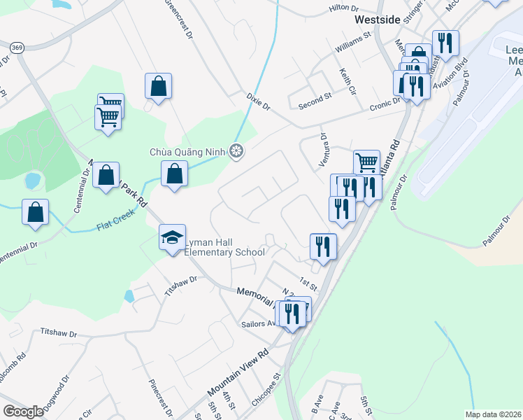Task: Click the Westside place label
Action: point(377,20)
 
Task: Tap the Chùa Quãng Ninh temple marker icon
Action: point(238,151)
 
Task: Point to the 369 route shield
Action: point(17,48)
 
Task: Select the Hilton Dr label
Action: point(343,8)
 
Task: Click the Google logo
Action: point(23,412)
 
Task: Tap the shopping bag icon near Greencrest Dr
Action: point(159,86)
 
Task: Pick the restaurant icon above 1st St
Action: point(324,246)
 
